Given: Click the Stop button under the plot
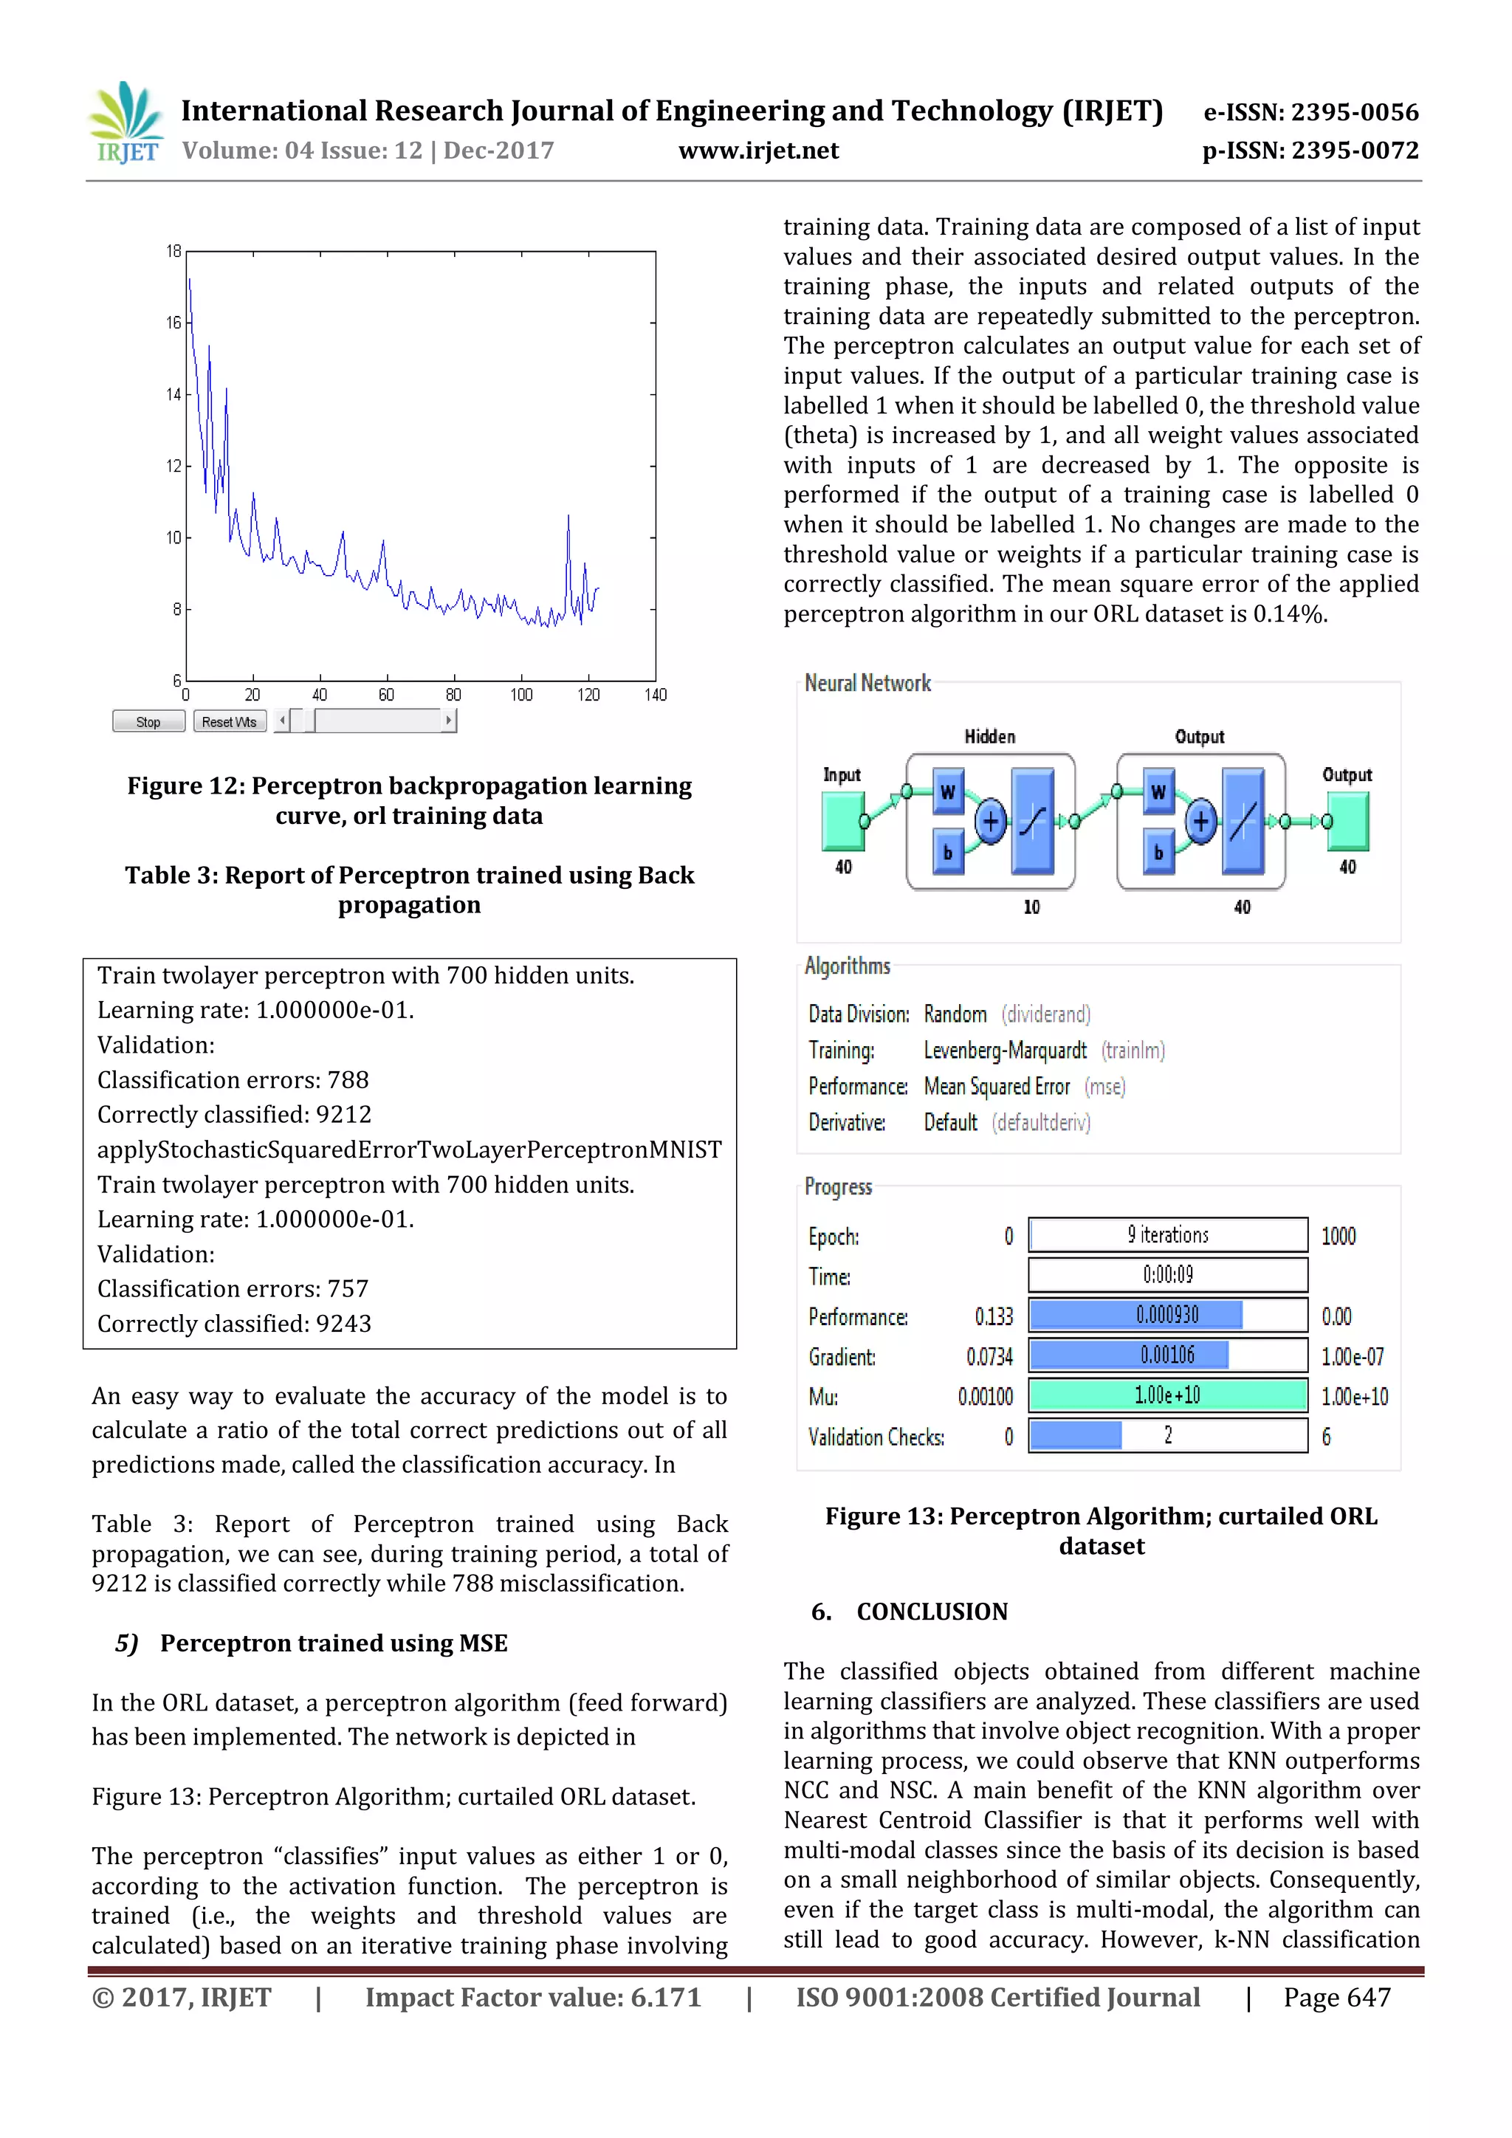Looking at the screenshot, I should click(x=148, y=722).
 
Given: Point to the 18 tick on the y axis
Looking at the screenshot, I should click(x=174, y=252).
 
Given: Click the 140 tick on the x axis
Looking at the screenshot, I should click(x=656, y=695).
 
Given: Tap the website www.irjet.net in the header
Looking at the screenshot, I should click(x=758, y=151).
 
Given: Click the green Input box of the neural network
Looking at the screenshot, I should click(x=842, y=820).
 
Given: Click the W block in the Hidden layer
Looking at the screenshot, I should click(x=948, y=791).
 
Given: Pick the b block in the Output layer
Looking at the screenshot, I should click(x=1158, y=852).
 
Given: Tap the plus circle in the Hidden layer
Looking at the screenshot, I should click(x=991, y=821).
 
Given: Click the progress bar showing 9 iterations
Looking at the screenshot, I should click(x=1167, y=1235).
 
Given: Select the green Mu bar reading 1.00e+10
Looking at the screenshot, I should click(x=1167, y=1395).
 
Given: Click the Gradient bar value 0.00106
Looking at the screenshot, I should click(x=1167, y=1355).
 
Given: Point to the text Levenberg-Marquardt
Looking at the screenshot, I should click(x=1005, y=1051).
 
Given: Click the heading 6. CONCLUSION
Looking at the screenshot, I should click(x=910, y=1612).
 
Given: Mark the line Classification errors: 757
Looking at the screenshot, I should click(x=233, y=1289).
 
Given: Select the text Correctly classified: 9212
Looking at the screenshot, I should click(x=234, y=1115).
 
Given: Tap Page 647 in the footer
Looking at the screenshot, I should click(x=1336, y=1998).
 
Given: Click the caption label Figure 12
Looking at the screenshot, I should click(x=185, y=786).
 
